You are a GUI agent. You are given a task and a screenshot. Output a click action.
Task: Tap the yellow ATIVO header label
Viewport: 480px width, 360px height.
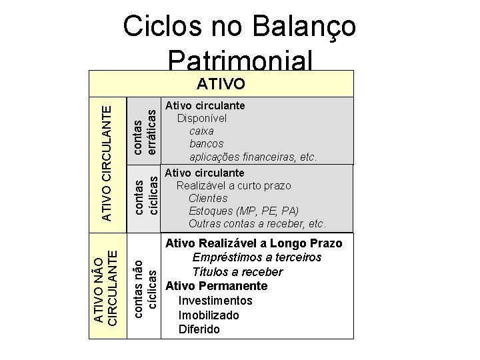click(x=221, y=85)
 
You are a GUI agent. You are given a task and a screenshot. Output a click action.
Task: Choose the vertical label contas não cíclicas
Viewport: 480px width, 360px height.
click(x=145, y=285)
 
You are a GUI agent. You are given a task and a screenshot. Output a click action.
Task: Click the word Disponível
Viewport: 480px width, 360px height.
click(x=201, y=118)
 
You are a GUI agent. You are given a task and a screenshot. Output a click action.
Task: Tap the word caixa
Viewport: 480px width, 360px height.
click(x=201, y=131)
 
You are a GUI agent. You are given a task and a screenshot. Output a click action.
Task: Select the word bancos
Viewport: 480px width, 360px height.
click(x=207, y=143)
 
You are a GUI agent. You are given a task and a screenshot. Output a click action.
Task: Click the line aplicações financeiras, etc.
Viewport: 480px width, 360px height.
click(x=253, y=157)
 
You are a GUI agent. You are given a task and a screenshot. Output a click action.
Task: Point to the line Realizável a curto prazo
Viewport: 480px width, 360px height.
click(x=233, y=185)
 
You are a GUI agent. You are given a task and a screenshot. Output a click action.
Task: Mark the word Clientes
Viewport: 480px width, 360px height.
click(x=208, y=198)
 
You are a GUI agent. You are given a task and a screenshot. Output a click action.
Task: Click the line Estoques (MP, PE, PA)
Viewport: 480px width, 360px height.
click(x=243, y=211)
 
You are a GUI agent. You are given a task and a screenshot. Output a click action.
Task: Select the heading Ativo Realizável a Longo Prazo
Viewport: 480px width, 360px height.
click(x=253, y=243)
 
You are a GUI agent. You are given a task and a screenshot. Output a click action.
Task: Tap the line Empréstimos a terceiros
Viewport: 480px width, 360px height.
click(x=257, y=257)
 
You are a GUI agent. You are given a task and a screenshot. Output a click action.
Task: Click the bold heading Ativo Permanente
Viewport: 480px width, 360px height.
click(x=216, y=286)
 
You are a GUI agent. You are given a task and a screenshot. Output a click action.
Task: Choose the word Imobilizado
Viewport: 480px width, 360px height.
click(x=209, y=315)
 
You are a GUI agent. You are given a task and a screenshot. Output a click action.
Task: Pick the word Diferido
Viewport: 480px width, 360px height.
click(x=199, y=329)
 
